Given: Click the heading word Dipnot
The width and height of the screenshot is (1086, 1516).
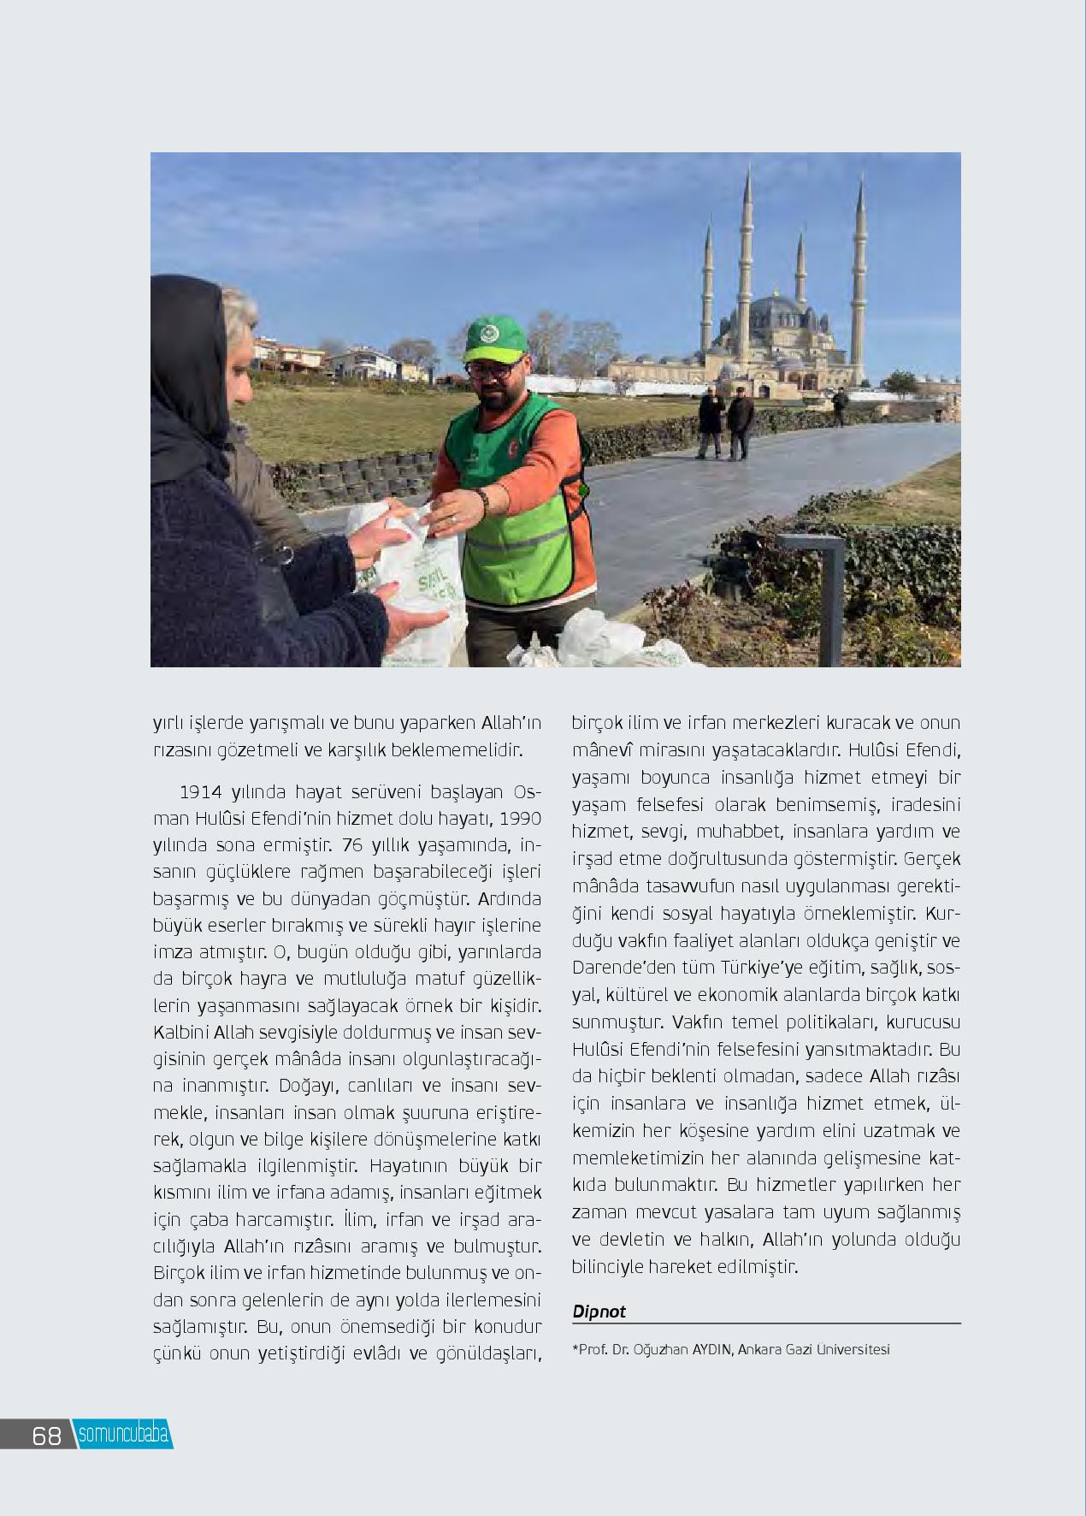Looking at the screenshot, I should click(599, 1311).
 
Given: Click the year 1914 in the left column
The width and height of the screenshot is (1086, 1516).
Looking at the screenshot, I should click(200, 791).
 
